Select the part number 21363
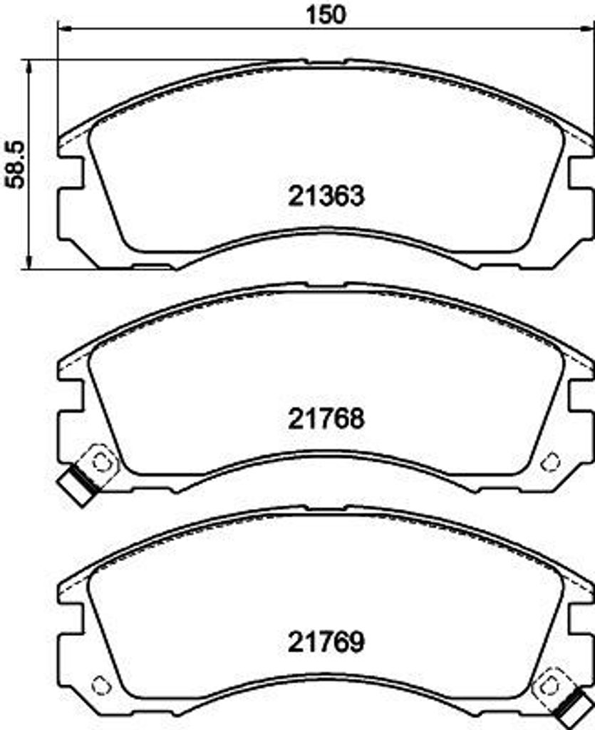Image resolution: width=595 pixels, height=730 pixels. (326, 196)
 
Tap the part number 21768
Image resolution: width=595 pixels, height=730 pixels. (326, 418)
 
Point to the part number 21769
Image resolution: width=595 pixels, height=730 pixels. (326, 642)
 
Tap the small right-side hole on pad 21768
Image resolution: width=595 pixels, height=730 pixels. (550, 462)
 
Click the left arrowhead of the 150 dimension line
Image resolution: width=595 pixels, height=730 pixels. (63, 29)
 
